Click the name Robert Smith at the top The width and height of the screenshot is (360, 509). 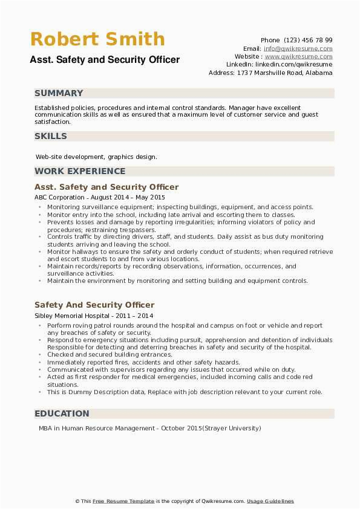pos(97,40)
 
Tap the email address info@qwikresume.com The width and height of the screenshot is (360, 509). pos(298,48)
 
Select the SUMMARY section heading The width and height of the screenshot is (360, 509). pos(59,93)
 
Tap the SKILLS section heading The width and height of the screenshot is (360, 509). pos(51,136)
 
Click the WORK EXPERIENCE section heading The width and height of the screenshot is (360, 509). pos(80,171)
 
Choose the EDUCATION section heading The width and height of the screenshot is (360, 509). pos(62,413)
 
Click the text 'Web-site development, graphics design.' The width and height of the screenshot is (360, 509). pos(96,157)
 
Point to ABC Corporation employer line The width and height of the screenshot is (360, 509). pos(99,197)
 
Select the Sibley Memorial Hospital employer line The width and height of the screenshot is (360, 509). pos(94,316)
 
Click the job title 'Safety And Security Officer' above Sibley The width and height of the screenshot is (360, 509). pos(94,305)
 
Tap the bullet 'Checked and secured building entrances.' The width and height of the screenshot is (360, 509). pos(110,354)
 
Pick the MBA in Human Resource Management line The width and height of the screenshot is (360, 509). pos(148,428)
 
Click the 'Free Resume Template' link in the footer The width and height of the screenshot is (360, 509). pos(123,501)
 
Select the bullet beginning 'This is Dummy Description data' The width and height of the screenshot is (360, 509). pos(185,392)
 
